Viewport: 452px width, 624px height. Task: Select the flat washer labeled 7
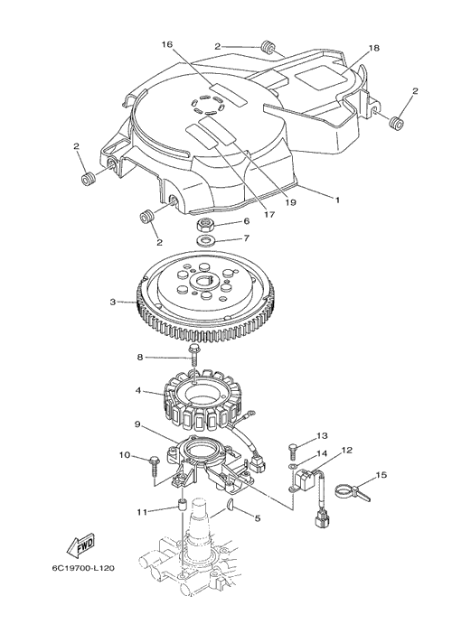tap(205, 241)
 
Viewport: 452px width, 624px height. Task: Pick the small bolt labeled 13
tap(293, 450)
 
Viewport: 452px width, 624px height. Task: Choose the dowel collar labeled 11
tap(182, 505)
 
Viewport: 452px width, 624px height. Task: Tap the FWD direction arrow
tap(80, 546)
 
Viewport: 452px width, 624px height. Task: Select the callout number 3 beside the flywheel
tap(113, 302)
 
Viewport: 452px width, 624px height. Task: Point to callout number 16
tap(167, 44)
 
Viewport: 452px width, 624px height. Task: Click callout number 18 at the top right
tap(373, 48)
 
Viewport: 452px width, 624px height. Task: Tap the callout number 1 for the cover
tap(337, 200)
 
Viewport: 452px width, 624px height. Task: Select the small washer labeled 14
tap(292, 466)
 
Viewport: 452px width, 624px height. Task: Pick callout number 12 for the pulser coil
tap(347, 451)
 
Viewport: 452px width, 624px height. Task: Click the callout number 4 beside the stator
tap(138, 391)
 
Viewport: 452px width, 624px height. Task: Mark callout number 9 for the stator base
tap(137, 424)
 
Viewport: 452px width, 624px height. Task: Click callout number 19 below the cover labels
tap(291, 202)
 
